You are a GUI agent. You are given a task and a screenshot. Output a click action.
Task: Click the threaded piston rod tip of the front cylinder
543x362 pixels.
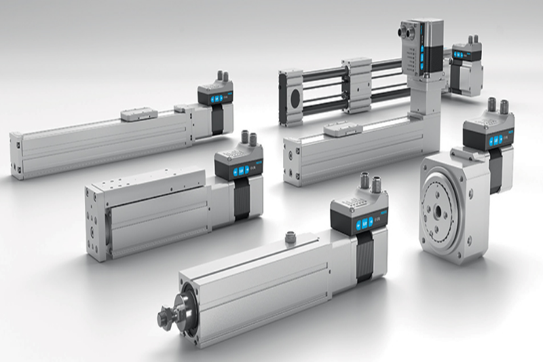coord(165,317)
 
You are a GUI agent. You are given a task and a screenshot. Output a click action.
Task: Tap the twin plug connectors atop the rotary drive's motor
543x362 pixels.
coord(498,106)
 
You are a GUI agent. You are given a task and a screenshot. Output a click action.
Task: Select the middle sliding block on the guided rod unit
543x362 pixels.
coord(356,86)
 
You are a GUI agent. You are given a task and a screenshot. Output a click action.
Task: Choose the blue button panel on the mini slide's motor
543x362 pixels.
coord(238,171)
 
